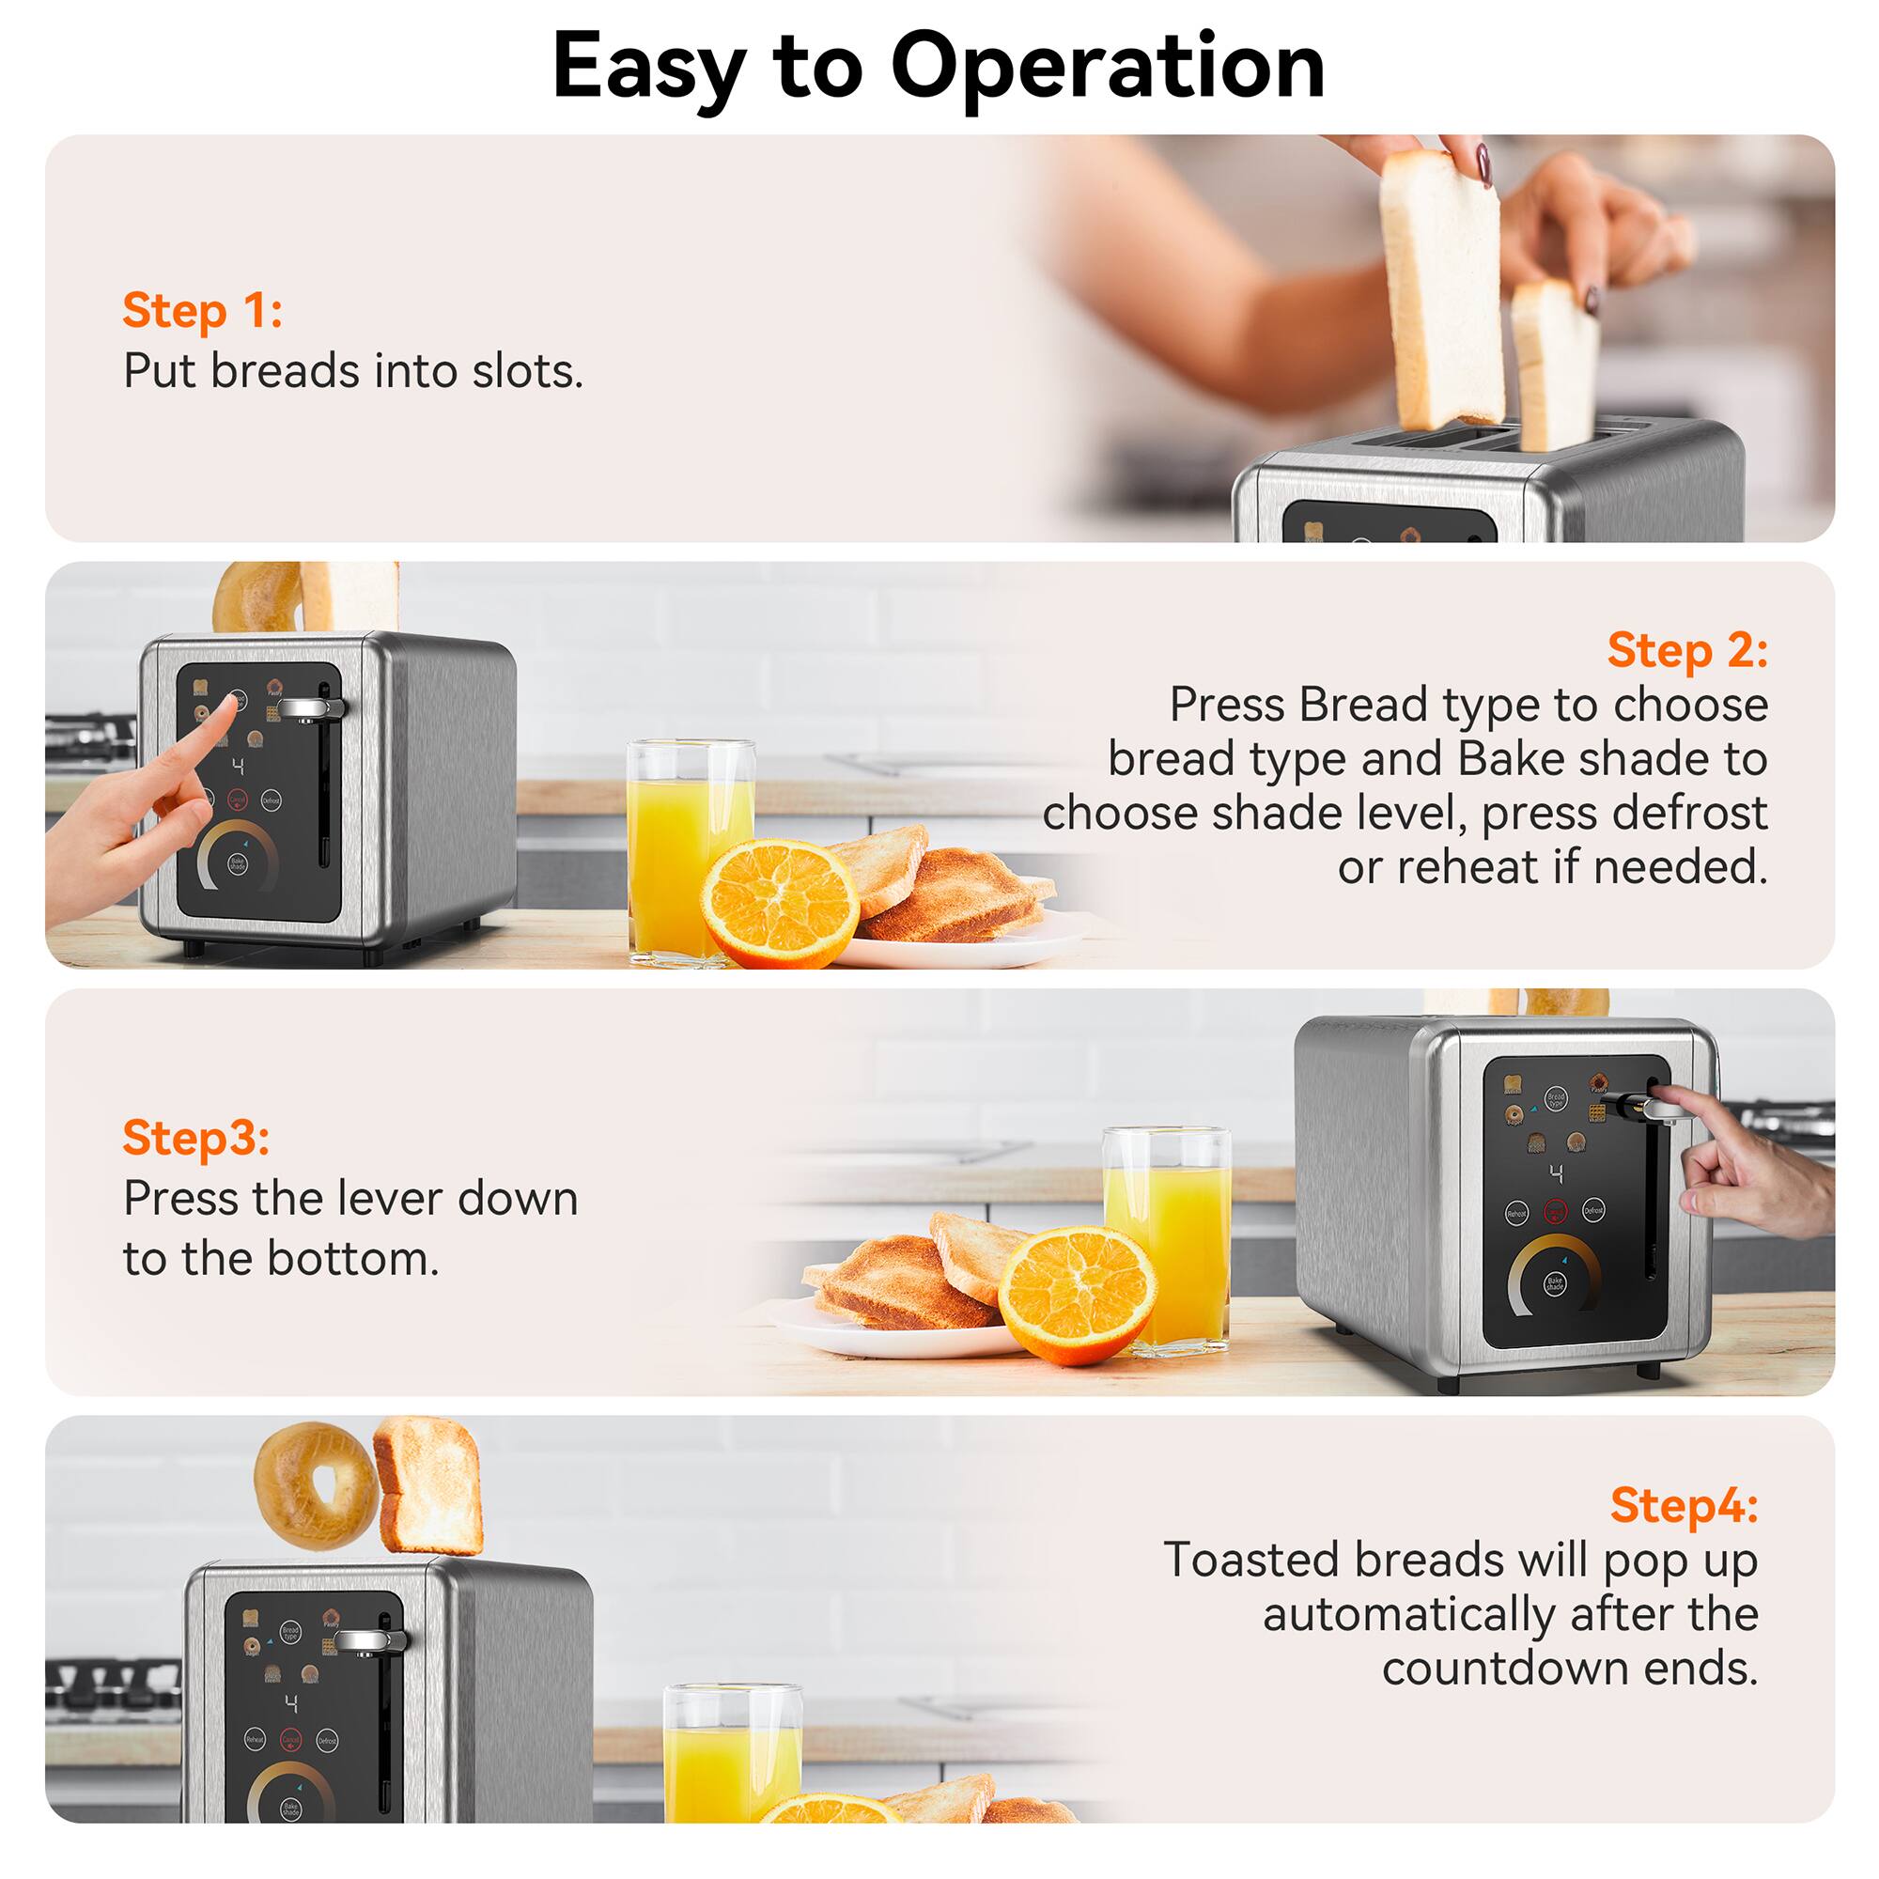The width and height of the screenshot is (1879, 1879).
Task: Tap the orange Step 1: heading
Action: click(202, 311)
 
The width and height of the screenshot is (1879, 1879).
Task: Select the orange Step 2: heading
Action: click(1686, 650)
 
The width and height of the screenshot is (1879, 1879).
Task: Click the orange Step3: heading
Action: click(195, 1137)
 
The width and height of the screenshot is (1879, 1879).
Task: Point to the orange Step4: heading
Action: click(1684, 1504)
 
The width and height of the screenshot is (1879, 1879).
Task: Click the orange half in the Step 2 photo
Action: click(780, 903)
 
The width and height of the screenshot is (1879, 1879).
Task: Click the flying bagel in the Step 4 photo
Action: click(314, 1486)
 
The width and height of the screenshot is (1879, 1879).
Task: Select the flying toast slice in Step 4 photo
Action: click(430, 1485)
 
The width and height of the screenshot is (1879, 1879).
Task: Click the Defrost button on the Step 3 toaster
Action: click(1593, 1211)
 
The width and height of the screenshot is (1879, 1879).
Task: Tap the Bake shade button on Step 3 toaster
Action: click(1555, 1283)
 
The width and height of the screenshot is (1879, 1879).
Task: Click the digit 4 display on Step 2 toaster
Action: click(239, 767)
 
